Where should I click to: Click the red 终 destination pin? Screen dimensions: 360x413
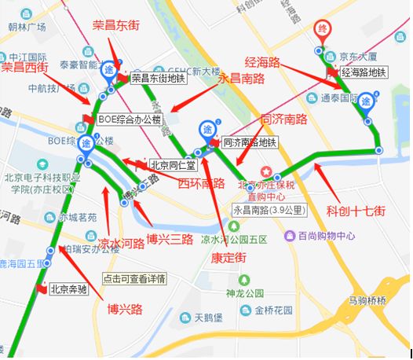pyautogui.click(x=321, y=30)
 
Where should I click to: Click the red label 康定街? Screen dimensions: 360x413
pyautogui.click(x=228, y=257)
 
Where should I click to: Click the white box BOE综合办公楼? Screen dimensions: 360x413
pyautogui.click(x=130, y=119)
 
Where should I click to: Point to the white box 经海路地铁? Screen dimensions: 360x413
pyautogui.click(x=364, y=72)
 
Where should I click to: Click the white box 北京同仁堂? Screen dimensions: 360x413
pyautogui.click(x=174, y=165)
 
